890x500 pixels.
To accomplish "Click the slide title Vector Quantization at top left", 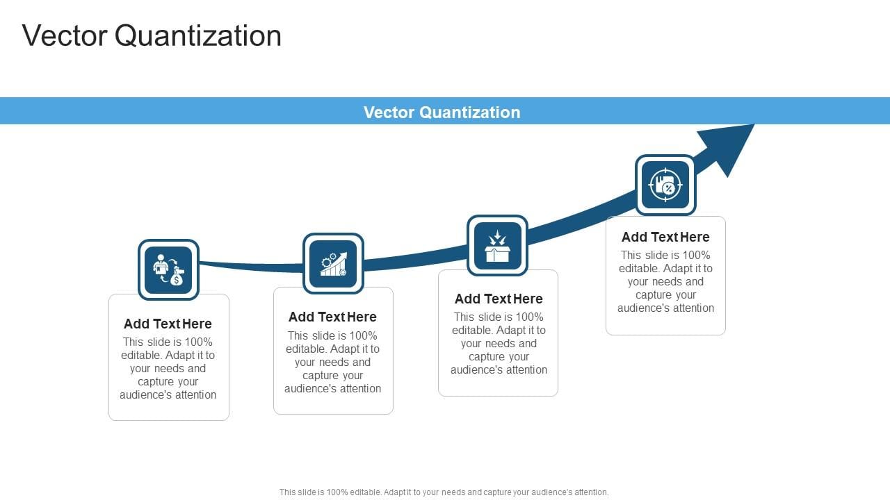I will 152,36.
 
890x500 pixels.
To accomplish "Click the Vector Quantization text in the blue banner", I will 442,112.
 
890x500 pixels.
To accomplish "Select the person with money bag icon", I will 168,269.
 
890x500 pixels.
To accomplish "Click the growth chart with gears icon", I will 333,264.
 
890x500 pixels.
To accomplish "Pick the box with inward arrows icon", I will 497,246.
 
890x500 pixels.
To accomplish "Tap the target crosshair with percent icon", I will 665,185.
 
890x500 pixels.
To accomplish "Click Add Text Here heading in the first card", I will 168,324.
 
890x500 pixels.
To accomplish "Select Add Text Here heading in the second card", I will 332,317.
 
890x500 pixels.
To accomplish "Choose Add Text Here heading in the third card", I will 499,299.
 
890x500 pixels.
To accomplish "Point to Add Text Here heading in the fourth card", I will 665,237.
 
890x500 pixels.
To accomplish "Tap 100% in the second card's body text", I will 362,335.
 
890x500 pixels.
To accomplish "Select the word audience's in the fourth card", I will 640,308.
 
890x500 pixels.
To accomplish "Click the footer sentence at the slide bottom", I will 444,492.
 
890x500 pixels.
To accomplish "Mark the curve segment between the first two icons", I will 250,265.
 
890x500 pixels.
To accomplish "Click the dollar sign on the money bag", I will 177,280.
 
